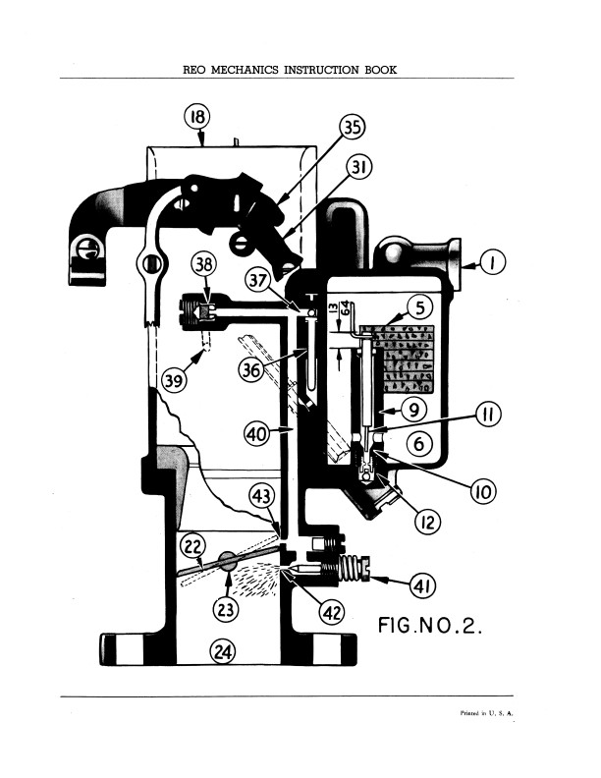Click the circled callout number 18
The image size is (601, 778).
[x=197, y=117]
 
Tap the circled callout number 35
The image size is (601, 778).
[x=353, y=128]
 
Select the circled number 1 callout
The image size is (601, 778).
[x=492, y=262]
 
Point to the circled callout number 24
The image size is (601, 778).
[x=223, y=652]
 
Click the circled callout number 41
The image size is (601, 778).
[x=422, y=586]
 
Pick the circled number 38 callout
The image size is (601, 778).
[x=204, y=264]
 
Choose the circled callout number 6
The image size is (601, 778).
[x=419, y=443]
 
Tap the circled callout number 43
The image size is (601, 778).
[x=261, y=496]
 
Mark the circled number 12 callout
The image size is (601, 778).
[x=427, y=522]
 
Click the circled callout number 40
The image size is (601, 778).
[x=256, y=434]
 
